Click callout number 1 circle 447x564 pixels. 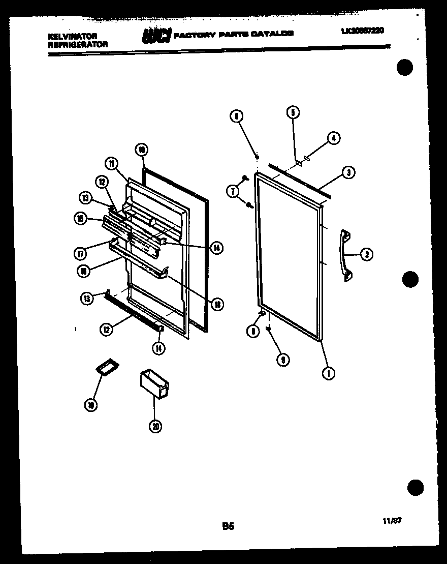[x=329, y=374]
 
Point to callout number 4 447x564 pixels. [x=334, y=138]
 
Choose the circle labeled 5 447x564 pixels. [x=293, y=112]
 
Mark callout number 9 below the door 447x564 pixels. [x=282, y=360]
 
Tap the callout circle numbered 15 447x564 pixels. [x=80, y=219]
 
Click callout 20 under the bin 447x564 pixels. [x=156, y=427]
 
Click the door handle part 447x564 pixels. [x=345, y=254]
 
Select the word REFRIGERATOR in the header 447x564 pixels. [x=78, y=45]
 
